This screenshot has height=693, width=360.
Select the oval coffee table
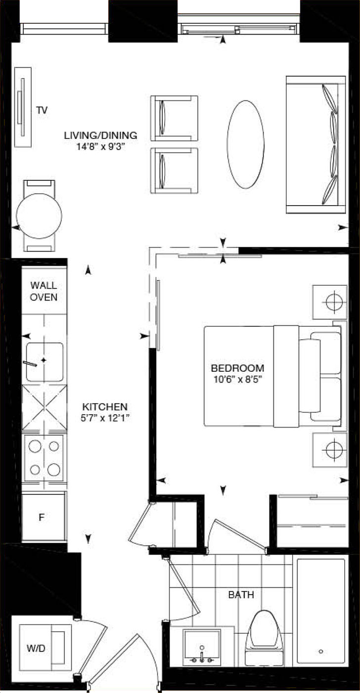(246, 144)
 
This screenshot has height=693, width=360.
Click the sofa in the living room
(315, 145)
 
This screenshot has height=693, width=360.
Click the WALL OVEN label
(44, 291)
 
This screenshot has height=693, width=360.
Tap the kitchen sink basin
(44, 361)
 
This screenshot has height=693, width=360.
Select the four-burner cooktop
(44, 458)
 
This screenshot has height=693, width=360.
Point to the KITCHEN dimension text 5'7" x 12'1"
(105, 417)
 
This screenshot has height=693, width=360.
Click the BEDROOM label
(237, 368)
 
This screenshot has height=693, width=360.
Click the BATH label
(241, 595)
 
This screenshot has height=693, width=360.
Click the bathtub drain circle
(321, 651)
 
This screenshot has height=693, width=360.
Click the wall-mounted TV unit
(22, 107)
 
